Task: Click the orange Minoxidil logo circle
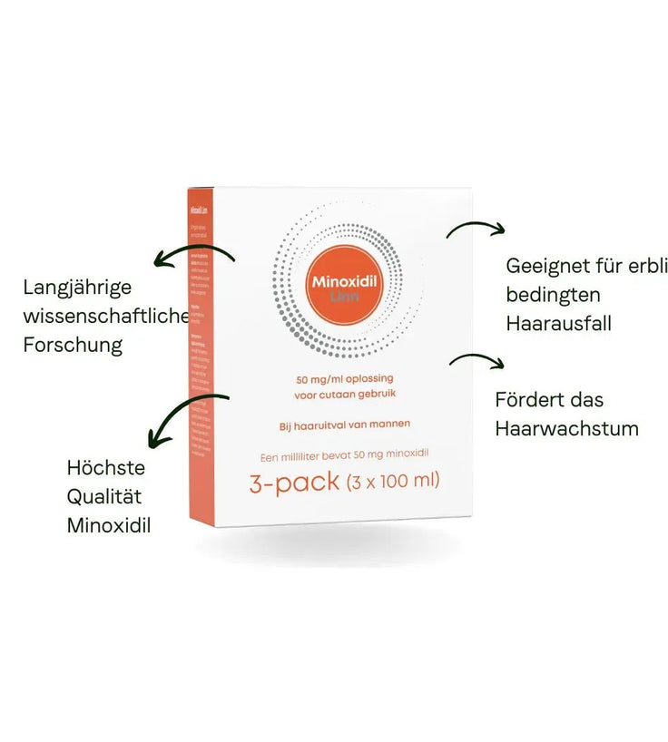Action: tap(349, 281)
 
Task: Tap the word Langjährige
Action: tap(77, 288)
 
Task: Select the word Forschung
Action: tap(73, 345)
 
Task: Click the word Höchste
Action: tap(106, 468)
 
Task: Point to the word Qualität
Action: tap(104, 496)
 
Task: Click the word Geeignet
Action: tap(547, 266)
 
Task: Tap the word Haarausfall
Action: tap(558, 323)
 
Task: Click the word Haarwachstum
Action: tap(566, 428)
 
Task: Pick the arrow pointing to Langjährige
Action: tap(192, 255)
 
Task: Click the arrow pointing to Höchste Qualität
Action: tap(186, 418)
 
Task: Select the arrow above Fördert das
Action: tap(476, 360)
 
